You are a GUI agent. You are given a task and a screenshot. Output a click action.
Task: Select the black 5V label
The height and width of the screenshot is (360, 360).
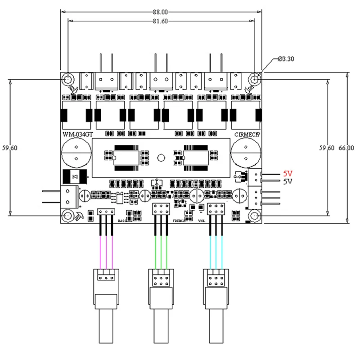(287, 181)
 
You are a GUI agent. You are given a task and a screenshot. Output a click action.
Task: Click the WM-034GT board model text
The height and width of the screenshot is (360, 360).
(77, 135)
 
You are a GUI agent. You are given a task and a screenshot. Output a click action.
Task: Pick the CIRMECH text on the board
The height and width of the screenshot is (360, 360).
(247, 135)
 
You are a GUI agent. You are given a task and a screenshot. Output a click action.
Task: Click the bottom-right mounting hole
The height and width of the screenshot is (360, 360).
(255, 216)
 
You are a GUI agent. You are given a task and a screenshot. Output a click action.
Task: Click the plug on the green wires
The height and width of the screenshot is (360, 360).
(161, 278)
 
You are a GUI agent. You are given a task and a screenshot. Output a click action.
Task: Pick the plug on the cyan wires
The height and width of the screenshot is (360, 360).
(216, 278)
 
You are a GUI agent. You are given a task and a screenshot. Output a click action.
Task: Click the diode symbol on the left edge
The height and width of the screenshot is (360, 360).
(74, 177)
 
